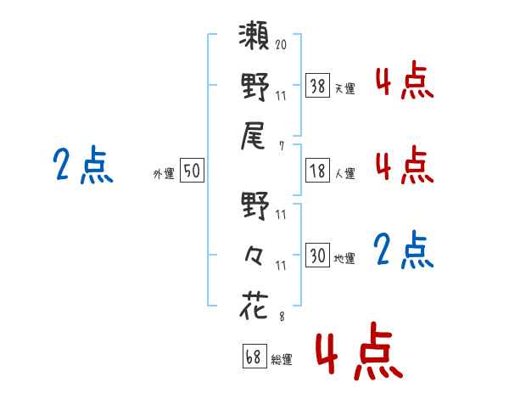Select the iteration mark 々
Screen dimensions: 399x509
[255, 256]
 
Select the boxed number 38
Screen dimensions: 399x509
[317, 85]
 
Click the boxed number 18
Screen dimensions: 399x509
[317, 171]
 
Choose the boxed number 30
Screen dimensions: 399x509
[317, 256]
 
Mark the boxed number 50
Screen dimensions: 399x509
[192, 171]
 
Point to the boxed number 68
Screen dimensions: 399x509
[253, 357]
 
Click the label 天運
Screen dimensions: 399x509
[344, 87]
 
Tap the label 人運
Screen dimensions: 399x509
[344, 173]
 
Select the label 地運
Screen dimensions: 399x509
[344, 258]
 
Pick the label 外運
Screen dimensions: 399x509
[164, 173]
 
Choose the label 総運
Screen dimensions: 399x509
[281, 360]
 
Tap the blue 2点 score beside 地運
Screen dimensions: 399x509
[404, 250]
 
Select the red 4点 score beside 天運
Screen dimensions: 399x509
[404, 82]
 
